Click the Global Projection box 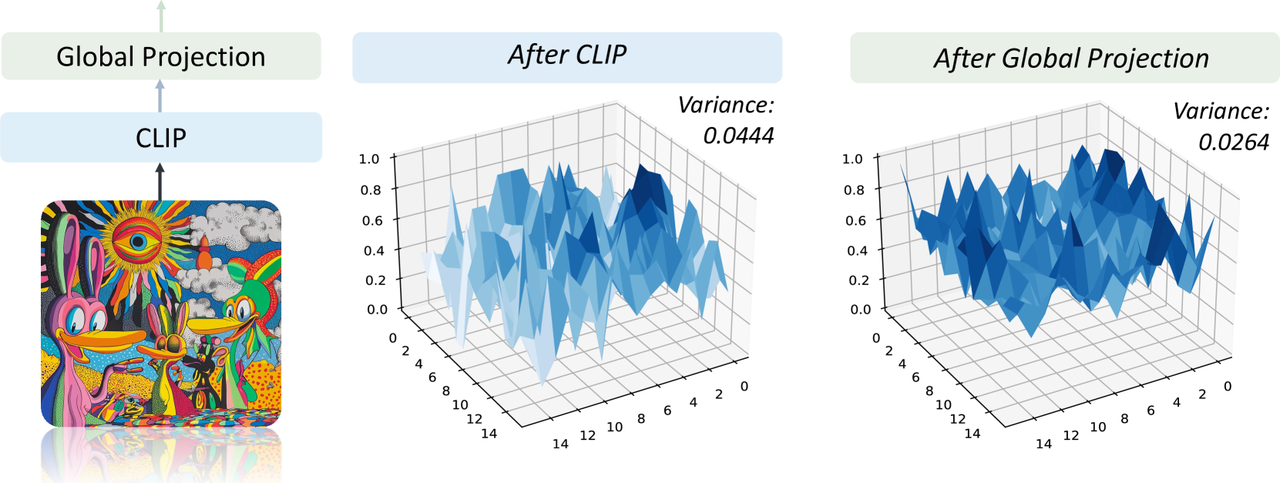(x=161, y=56)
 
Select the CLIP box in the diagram (x=161, y=138)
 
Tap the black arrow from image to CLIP (x=160, y=182)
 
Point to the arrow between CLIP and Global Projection (x=160, y=96)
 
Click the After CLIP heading (x=567, y=55)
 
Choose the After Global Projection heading (x=1071, y=59)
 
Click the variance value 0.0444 (x=738, y=136)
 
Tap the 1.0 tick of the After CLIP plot (x=369, y=158)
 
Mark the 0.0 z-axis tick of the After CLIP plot (x=377, y=310)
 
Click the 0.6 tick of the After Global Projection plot (x=855, y=220)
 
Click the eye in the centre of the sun (x=137, y=242)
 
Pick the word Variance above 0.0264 (x=1221, y=111)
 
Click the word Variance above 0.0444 (x=726, y=105)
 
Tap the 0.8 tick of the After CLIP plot (x=371, y=190)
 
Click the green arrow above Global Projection (x=161, y=16)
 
